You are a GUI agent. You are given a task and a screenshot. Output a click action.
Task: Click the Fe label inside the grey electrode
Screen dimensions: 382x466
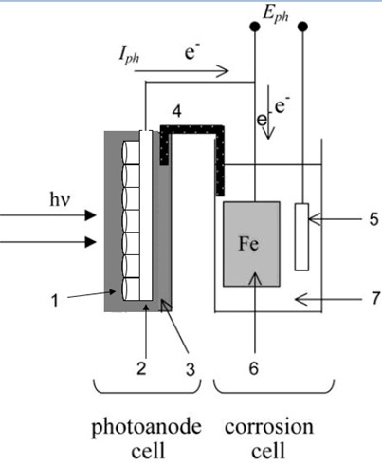[x=248, y=244]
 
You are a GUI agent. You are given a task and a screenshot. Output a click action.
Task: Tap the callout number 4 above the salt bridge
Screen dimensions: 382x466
[x=177, y=111]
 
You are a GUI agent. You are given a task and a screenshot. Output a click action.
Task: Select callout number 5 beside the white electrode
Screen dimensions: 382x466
[x=373, y=219]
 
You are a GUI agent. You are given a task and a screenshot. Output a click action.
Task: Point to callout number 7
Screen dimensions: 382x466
[x=375, y=298]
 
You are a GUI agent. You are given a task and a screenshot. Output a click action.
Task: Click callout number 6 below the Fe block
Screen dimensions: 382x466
[x=254, y=368]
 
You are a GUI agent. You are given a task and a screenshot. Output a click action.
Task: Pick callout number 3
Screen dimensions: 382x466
[x=190, y=369]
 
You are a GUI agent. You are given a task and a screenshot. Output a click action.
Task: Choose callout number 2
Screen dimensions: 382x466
[x=141, y=368]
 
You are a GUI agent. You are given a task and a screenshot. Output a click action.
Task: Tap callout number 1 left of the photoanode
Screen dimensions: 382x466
[x=55, y=300]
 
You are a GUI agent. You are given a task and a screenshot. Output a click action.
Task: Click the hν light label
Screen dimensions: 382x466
[x=60, y=199]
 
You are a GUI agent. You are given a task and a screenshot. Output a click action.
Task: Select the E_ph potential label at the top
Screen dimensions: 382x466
[x=276, y=15]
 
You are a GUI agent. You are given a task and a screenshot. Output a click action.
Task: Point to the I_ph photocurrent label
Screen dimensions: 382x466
[x=129, y=56]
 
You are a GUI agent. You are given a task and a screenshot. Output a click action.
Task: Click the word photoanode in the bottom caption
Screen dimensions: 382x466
[x=147, y=428]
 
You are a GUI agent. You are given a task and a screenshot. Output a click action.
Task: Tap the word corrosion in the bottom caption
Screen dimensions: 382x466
[x=269, y=427]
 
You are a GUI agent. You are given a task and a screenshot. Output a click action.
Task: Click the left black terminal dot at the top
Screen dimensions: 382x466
[x=255, y=27]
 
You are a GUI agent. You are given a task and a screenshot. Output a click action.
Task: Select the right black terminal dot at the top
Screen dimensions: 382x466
[x=302, y=27]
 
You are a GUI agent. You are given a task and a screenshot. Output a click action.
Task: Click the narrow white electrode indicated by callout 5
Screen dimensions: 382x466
[x=301, y=237]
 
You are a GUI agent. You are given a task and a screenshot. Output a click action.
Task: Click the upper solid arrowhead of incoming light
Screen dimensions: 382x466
[x=90, y=215]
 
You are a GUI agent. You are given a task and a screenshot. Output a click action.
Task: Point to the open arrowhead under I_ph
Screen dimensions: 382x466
[x=223, y=71]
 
